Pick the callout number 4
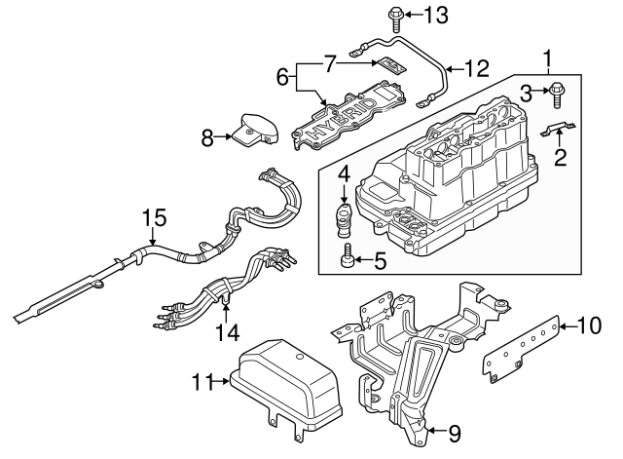click(344, 173)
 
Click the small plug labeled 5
click(348, 257)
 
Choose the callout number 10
click(591, 325)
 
